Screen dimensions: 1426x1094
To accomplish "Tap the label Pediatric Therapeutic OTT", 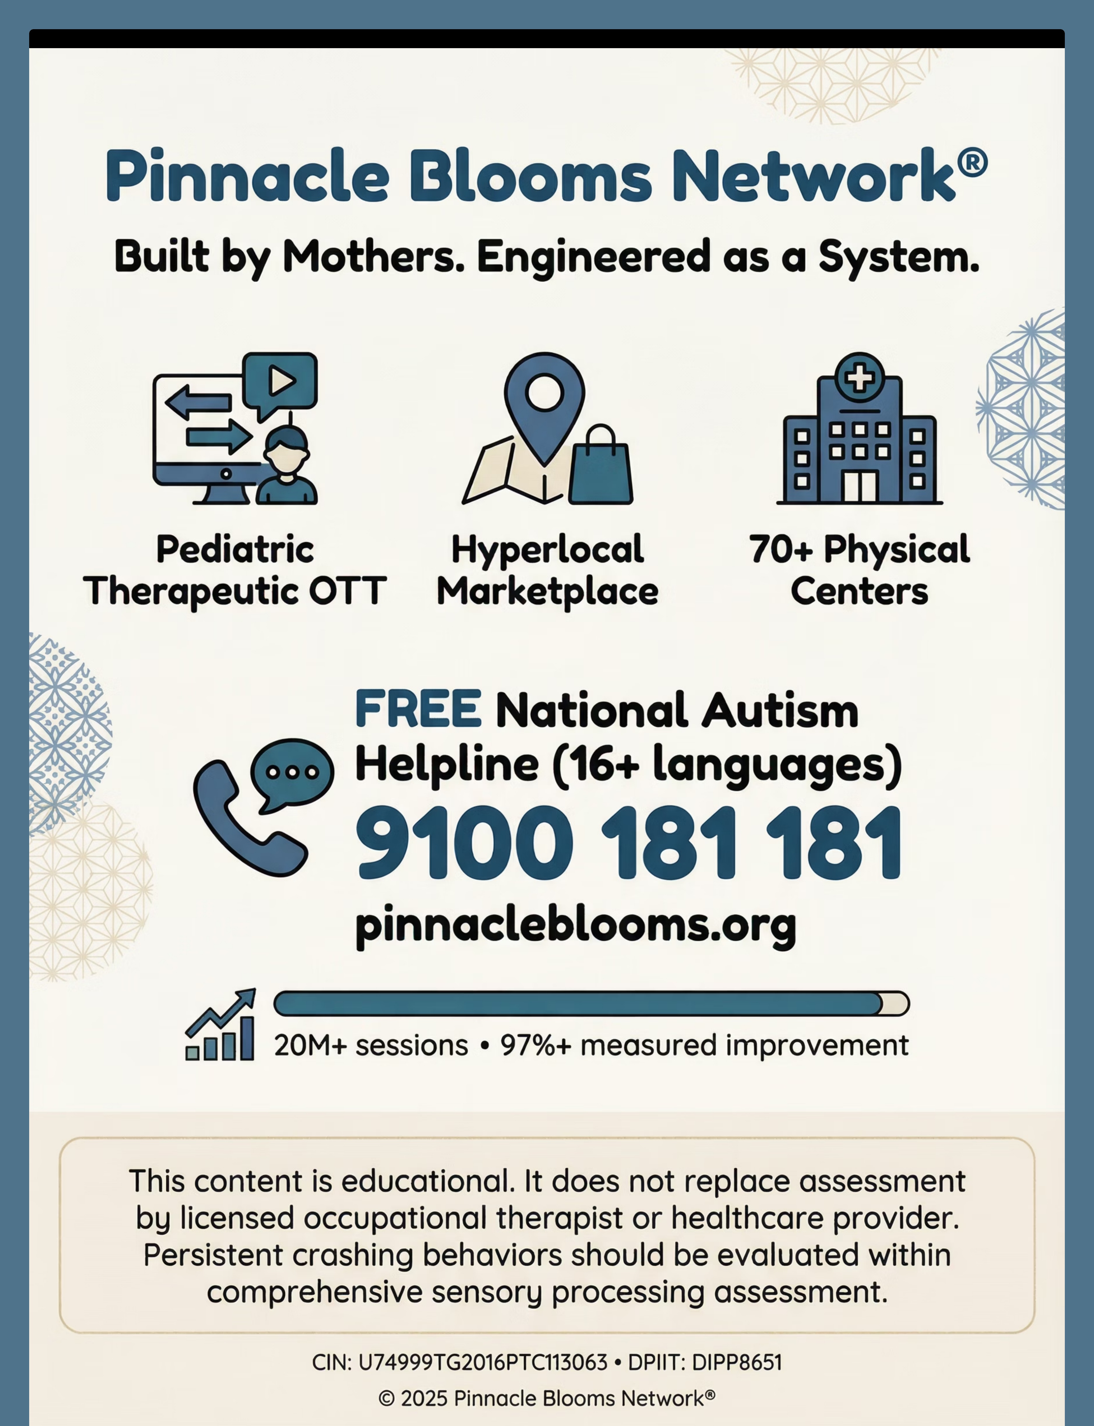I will [235, 570].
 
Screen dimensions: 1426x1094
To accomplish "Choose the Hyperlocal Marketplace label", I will [547, 570].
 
